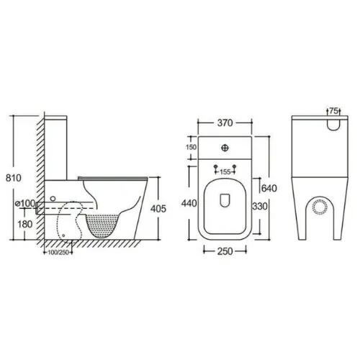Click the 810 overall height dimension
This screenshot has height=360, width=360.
14,178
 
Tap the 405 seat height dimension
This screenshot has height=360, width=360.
158,209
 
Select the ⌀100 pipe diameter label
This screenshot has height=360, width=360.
25,204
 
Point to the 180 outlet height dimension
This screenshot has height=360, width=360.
25,224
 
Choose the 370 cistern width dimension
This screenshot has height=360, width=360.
225,122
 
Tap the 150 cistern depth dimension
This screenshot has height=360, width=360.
191,147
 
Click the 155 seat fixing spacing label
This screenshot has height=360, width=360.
225,172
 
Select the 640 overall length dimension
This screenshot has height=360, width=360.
269,188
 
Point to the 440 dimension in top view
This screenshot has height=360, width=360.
189,203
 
